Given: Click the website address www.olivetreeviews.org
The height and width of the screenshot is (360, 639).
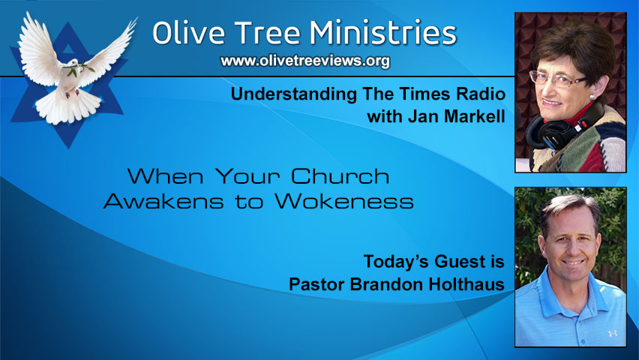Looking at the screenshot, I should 305,61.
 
